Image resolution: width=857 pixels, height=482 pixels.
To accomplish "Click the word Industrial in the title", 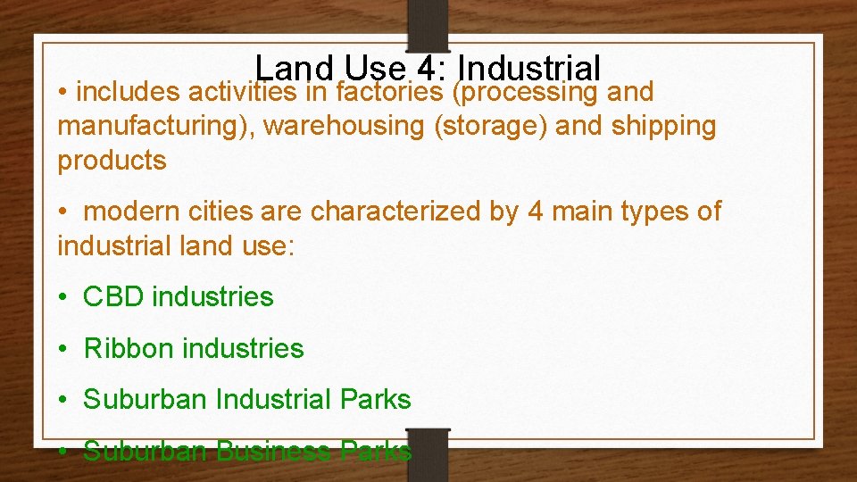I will click(533, 69).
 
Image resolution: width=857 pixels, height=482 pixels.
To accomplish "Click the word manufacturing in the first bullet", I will click(153, 127).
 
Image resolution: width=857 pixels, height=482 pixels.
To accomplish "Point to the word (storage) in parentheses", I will click(490, 127).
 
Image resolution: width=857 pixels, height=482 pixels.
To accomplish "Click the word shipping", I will click(664, 127).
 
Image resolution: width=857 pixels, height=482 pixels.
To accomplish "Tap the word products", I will click(112, 161).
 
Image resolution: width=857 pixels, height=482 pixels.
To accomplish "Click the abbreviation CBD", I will click(113, 297).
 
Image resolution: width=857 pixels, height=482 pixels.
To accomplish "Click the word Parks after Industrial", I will click(374, 400).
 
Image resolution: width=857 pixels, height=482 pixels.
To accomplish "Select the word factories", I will click(390, 92).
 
